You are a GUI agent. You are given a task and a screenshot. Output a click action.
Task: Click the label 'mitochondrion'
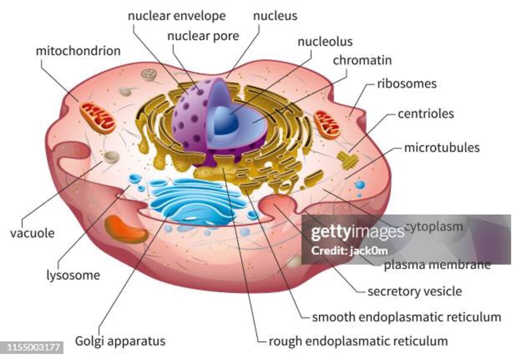pos(78,51)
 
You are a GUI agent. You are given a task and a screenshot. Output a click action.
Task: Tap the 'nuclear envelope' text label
pos(177,16)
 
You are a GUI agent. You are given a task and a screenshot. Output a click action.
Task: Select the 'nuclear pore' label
pos(203,36)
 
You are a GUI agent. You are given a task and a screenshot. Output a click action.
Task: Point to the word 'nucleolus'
pos(325,42)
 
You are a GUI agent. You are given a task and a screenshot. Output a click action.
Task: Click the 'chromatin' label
pos(362,60)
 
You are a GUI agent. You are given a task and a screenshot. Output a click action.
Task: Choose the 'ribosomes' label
pos(407,84)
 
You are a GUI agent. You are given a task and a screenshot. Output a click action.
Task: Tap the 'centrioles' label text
pos(426,114)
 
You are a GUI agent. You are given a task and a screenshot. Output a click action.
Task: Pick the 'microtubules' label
pos(442,148)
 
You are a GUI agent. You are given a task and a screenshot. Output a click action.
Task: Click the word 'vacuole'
pos(33,233)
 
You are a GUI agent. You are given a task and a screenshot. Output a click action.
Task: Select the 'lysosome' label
pos(73,275)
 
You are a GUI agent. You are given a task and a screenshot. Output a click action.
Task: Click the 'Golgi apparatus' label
pos(120,341)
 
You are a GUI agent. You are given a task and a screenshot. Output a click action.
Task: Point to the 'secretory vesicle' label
pos(415,291)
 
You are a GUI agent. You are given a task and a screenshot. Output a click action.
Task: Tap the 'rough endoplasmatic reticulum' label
pos(358,341)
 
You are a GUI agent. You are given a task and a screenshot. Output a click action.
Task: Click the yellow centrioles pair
pos(348,160)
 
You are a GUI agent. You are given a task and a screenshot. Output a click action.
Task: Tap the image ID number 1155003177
pos(34,347)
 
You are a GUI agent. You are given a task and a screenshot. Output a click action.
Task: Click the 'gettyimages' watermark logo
pos(358,232)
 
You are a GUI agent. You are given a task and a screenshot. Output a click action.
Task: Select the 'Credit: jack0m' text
pos(349,251)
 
